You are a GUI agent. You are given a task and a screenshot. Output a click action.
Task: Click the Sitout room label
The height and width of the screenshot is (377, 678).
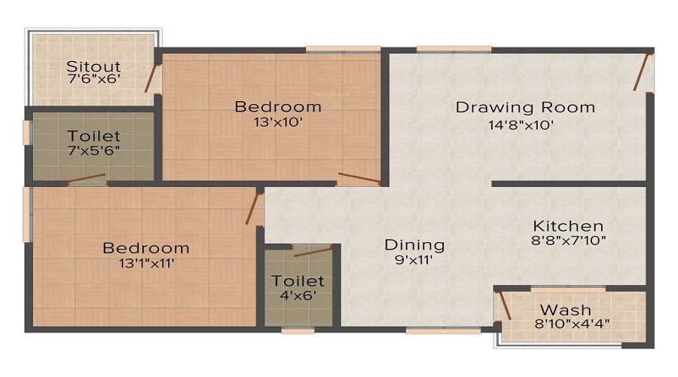click(93, 66)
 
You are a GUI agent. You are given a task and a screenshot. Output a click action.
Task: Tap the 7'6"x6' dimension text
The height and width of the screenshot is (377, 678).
click(93, 79)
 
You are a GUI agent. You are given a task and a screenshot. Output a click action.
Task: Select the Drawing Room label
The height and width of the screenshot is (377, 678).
click(525, 107)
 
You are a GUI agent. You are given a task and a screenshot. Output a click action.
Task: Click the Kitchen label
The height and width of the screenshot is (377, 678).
click(568, 225)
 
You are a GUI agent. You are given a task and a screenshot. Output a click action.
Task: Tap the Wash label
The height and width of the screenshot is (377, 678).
click(565, 310)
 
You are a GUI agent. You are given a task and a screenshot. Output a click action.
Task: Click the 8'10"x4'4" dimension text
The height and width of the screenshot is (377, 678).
click(571, 324)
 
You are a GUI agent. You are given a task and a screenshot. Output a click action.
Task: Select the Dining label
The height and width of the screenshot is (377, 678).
click(414, 245)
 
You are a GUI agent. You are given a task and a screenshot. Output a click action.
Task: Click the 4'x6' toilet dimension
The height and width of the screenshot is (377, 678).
click(298, 296)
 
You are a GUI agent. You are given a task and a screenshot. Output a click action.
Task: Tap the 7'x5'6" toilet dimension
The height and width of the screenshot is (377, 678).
click(93, 151)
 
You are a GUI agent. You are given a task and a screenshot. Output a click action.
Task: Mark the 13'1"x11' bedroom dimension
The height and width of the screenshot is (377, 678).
click(145, 263)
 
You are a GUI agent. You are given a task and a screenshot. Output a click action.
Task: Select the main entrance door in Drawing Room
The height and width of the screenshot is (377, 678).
click(643, 72)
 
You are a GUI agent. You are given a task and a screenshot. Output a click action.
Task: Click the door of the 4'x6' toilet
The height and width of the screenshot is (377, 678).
click(312, 250)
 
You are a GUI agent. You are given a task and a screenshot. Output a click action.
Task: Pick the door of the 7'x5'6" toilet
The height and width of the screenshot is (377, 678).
click(85, 179)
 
